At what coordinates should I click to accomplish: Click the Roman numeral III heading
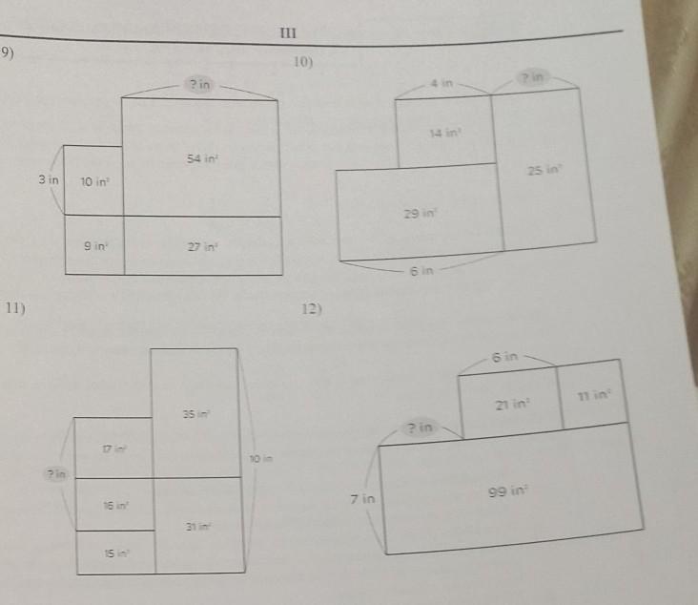coord(288,33)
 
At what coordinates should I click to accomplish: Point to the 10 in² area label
coord(93,181)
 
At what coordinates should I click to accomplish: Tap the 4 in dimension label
coord(441,84)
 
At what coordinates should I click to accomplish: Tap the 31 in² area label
coord(197,527)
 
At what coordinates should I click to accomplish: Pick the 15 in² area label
coord(114,553)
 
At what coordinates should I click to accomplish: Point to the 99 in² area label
coord(503,491)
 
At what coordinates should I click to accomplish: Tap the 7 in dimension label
coord(363,499)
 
